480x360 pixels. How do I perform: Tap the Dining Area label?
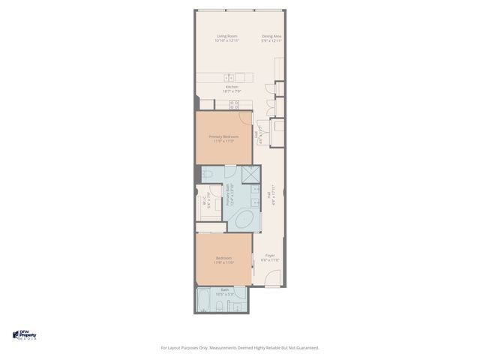point(271,38)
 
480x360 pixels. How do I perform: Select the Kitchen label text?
point(232,88)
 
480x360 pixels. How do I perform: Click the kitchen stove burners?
point(234,105)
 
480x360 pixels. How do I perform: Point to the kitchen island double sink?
point(230,77)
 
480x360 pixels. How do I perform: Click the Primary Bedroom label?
point(223,139)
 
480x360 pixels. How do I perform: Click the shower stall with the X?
point(251,175)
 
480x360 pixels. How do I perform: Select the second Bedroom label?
point(223,260)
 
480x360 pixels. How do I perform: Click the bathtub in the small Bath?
point(204,301)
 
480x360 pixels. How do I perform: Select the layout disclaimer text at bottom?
point(240,347)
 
